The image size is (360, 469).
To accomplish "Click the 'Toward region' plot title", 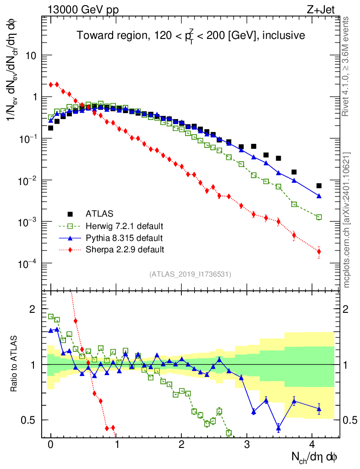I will [191, 36].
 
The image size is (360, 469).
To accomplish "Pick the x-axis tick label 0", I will [51, 444].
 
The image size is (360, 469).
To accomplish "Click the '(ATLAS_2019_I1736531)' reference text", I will [190, 274].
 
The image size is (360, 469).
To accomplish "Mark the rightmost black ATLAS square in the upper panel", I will [319, 186].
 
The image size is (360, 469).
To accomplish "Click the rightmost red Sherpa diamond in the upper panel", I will [319, 251].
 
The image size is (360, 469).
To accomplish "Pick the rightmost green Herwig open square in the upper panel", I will [319, 217].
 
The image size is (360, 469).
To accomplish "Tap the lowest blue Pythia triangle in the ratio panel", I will [278, 429].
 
